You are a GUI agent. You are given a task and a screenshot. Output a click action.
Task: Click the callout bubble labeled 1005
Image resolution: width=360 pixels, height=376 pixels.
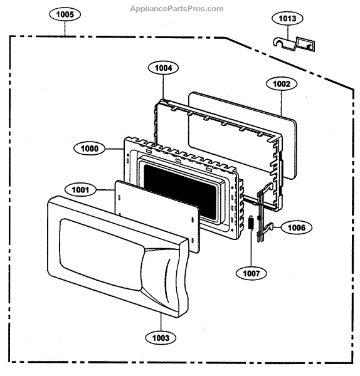click(65, 14)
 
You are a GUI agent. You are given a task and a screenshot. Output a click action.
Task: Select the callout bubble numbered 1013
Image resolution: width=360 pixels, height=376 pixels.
click(287, 18)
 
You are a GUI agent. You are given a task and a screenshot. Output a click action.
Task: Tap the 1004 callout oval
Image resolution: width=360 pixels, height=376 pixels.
click(163, 68)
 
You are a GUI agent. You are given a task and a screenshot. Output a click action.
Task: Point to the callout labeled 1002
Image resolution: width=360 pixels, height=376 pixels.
click(282, 84)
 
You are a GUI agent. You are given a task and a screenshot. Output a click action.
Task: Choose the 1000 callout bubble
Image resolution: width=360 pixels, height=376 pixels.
click(89, 149)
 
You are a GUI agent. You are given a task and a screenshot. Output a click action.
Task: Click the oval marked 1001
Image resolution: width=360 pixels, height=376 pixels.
click(80, 190)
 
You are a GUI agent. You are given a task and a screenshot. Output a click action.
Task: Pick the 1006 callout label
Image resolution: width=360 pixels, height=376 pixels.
click(297, 227)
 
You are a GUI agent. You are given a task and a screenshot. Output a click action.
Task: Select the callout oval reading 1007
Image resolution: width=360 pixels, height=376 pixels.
click(251, 273)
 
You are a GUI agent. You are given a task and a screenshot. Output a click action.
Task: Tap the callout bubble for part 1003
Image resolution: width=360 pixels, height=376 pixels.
click(161, 338)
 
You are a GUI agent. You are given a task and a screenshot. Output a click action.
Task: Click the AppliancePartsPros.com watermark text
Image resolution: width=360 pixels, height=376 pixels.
click(177, 9)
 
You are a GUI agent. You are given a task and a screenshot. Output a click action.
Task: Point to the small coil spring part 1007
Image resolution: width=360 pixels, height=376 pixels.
click(251, 223)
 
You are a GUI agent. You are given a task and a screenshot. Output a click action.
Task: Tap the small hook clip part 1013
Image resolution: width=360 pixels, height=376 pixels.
click(294, 44)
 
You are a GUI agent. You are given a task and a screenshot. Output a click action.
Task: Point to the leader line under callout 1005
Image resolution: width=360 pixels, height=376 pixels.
click(65, 29)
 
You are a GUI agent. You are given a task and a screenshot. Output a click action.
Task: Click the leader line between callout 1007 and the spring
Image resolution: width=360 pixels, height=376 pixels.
click(251, 248)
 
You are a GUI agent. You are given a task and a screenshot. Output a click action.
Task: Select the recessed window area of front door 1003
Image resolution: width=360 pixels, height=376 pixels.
click(101, 254)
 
